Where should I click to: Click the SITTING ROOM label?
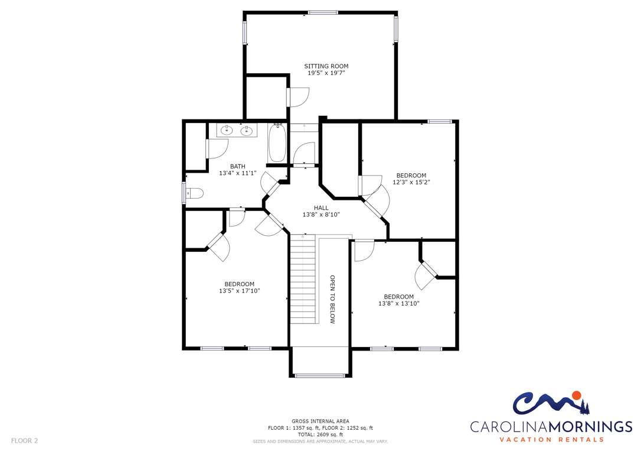[326, 66]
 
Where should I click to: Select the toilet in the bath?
[195, 193]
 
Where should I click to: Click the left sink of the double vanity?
[227, 131]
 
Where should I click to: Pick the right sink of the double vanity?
[246, 131]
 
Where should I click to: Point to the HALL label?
[321, 207]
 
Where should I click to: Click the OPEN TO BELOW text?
[332, 299]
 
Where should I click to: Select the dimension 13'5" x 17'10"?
[240, 291]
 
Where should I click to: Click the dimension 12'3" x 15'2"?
[411, 182]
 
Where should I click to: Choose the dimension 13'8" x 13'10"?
[399, 304]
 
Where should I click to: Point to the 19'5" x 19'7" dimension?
[326, 73]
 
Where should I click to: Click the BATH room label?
[237, 166]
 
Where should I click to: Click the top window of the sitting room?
[323, 12]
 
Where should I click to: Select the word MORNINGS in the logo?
[590, 427]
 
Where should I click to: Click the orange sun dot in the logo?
[577, 395]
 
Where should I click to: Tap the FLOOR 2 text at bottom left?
[25, 441]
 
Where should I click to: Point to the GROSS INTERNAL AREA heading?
[320, 421]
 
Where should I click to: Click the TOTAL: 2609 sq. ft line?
[320, 434]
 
